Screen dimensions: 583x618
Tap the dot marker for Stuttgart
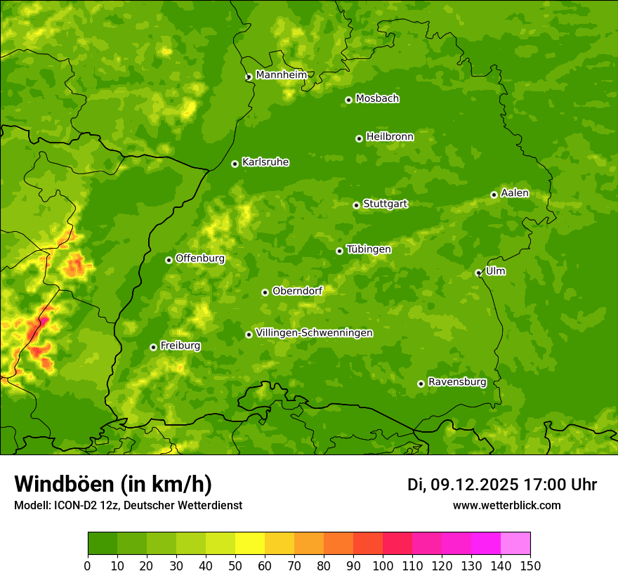coord(356,205)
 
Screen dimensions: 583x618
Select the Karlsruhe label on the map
coord(265,162)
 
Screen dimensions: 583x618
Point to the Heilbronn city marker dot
coord(359,138)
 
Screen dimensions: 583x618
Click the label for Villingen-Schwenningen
coord(314,333)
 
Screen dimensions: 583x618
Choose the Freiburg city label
coord(180,346)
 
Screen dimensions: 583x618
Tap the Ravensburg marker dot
coord(421,384)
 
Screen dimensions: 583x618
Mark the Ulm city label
coord(495,271)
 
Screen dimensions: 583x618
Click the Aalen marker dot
coord(494,195)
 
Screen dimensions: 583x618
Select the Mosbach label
coord(377,99)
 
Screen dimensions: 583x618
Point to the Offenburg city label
coord(200,258)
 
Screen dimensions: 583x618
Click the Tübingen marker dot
coord(339,251)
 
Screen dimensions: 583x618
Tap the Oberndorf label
coord(297,291)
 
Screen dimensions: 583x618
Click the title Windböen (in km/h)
coord(112,484)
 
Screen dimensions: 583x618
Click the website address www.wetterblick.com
coord(506,506)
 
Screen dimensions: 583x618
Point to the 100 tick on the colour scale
coord(383,565)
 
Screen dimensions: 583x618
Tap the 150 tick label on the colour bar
coord(530,565)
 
